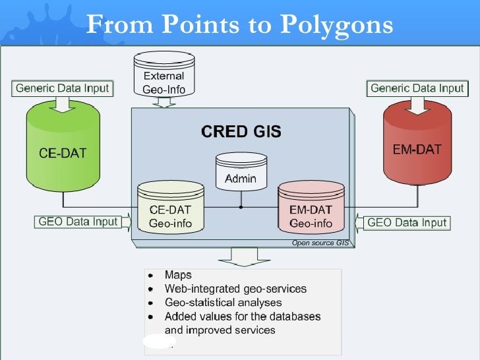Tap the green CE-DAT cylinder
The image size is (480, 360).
(x=63, y=148)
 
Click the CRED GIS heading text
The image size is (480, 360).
(x=241, y=132)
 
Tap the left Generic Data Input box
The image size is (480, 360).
(x=63, y=88)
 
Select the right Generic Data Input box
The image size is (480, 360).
(x=417, y=88)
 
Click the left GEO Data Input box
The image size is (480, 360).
(x=78, y=222)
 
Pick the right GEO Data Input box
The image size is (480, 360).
(x=407, y=222)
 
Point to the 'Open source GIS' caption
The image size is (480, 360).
(x=320, y=243)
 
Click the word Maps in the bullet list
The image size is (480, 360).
(x=178, y=275)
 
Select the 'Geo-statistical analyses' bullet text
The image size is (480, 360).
(x=223, y=303)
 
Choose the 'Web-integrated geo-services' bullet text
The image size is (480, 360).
(x=235, y=289)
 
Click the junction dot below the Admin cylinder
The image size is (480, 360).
(x=241, y=207)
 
